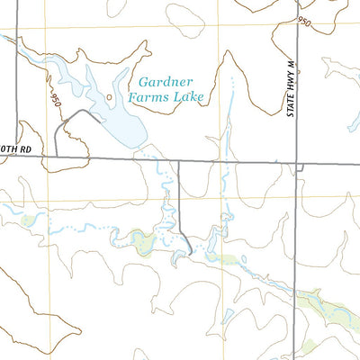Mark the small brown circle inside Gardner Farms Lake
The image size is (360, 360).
tap(110, 96)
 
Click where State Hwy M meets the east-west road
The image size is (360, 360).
tap(298, 164)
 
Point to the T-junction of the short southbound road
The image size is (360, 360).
tap(178, 162)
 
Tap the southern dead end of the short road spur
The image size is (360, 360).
tap(191, 253)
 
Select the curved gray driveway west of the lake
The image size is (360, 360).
tap(67, 121)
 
